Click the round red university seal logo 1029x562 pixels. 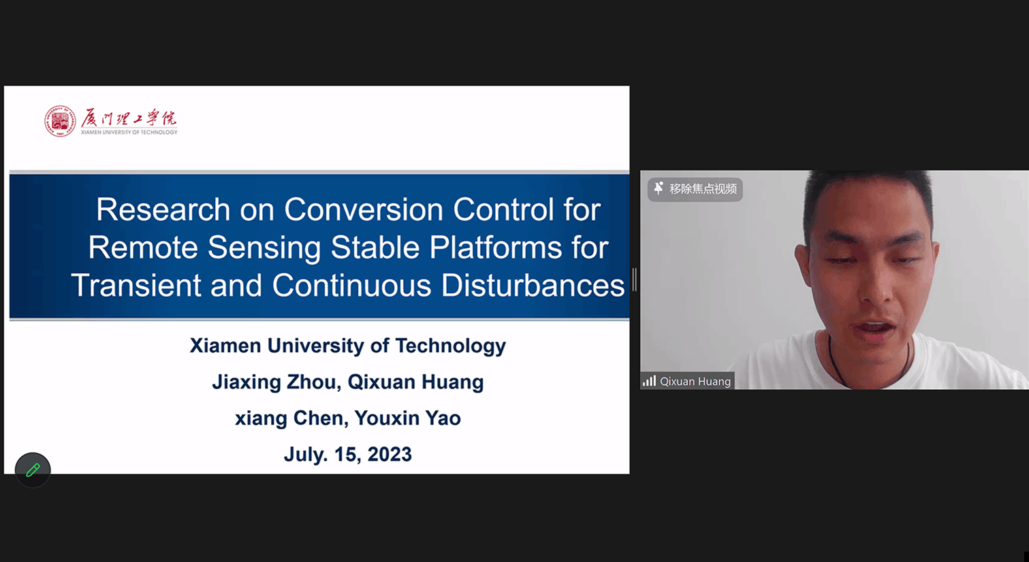pos(60,121)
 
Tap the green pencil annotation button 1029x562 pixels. pos(33,469)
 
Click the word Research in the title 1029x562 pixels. pos(163,210)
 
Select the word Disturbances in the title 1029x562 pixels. pos(533,285)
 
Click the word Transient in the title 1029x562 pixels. pos(136,285)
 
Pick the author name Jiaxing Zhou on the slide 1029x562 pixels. pos(274,382)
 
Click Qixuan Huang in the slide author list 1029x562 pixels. pos(415,382)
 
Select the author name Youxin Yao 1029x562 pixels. pos(407,418)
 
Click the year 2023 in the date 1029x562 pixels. pos(390,454)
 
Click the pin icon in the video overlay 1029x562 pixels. pos(659,188)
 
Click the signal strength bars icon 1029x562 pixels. pos(649,381)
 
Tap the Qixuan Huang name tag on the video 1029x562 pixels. pos(688,381)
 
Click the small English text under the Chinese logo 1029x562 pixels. pos(129,132)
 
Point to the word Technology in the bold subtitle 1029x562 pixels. pos(451,346)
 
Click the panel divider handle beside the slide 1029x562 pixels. pos(635,280)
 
